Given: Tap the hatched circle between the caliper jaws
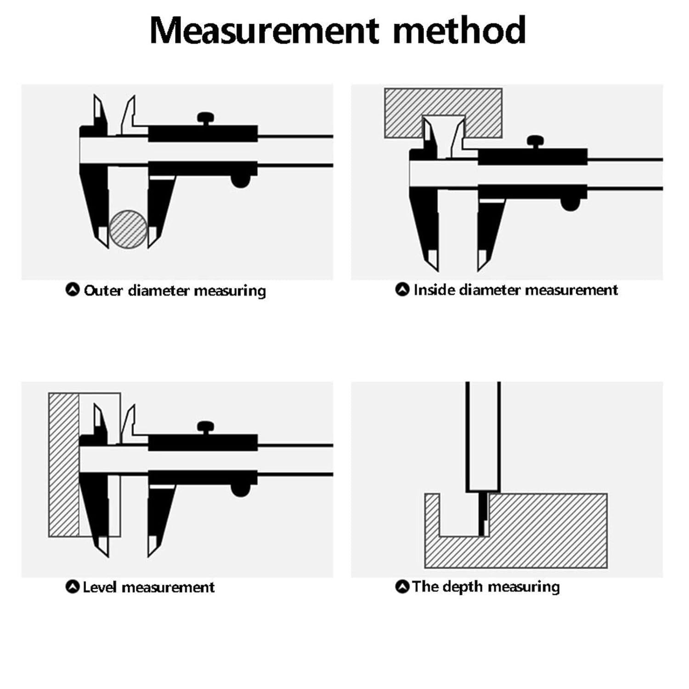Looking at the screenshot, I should tap(128, 229).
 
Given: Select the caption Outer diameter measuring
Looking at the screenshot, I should tap(175, 291).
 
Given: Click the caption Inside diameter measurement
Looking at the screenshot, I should tap(515, 290).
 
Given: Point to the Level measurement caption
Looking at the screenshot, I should tap(148, 587).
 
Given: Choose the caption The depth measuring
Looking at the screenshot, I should tap(486, 587).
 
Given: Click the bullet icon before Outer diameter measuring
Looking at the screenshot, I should tap(73, 290).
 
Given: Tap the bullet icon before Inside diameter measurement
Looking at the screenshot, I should tap(402, 289).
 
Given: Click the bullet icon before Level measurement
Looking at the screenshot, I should tap(73, 587).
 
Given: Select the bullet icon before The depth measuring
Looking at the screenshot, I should tap(402, 587).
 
